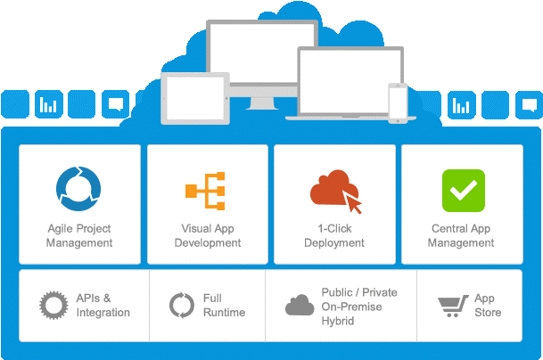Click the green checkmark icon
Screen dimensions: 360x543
[x=463, y=190]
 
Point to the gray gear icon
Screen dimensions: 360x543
[x=54, y=305]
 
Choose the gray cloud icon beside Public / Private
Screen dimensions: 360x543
[x=300, y=305]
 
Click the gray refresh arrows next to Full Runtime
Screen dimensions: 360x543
[x=182, y=306]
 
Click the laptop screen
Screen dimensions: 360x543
[x=338, y=80]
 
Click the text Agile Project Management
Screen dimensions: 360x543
[x=80, y=235]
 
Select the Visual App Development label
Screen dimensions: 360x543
[x=208, y=235]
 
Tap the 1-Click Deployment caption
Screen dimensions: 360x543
[x=334, y=235]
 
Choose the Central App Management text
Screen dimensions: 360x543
[x=462, y=235]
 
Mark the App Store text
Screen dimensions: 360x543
[x=487, y=306]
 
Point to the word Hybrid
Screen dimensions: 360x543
[x=338, y=320]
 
